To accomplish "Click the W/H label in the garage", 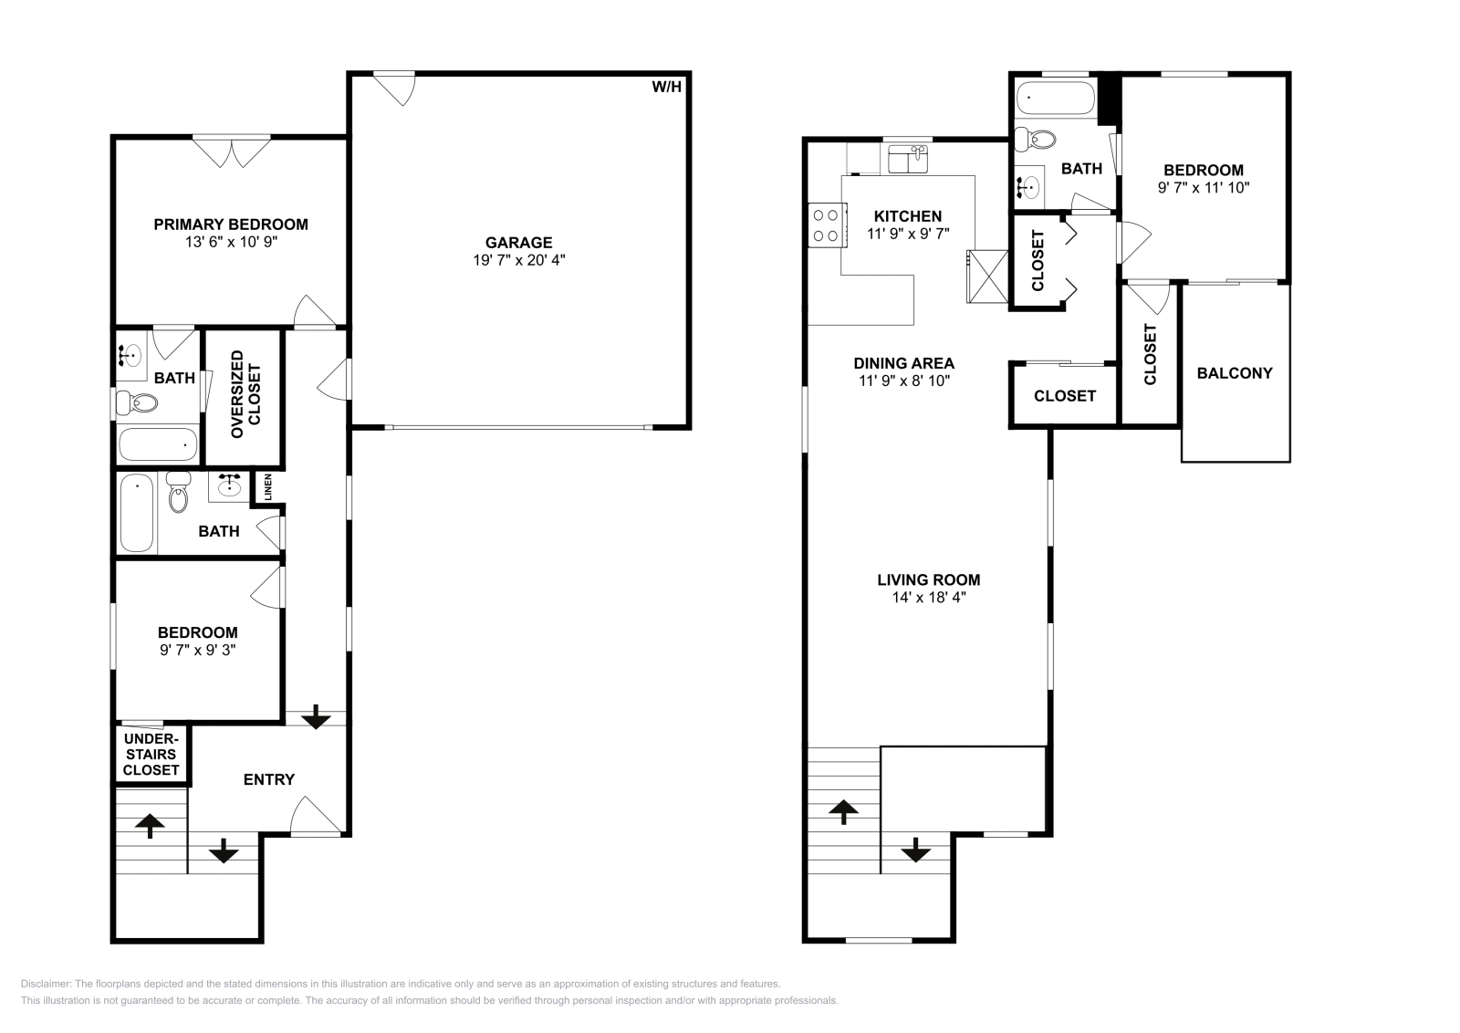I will (666, 88).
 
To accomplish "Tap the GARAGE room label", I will (518, 243).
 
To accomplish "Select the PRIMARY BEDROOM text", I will (230, 224).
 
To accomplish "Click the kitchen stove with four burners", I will (825, 225).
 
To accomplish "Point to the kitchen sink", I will (908, 160).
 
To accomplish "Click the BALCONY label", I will (1234, 373).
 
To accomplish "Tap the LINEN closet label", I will (268, 487).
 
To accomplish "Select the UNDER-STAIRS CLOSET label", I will (152, 754).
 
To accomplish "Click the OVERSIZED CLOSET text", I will (245, 394).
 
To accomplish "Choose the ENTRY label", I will (269, 779).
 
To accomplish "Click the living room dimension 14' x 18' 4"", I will (928, 598).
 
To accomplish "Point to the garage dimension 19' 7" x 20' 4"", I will (518, 260).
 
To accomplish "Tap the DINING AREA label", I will (904, 363).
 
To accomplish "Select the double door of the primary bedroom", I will (232, 151).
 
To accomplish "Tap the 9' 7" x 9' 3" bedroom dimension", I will (197, 650).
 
